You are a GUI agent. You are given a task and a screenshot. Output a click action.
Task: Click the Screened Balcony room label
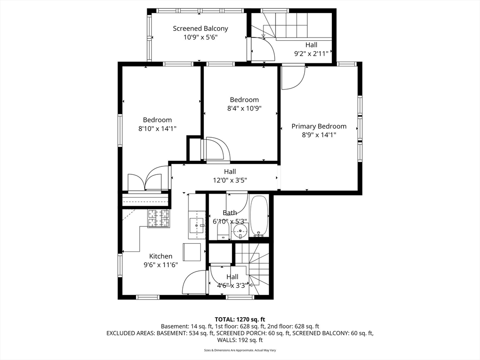201,29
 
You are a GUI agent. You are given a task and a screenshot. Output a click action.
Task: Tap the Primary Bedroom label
319,126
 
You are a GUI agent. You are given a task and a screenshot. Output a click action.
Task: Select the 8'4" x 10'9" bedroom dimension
244,108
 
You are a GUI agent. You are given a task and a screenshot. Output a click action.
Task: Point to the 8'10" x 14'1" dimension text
157,128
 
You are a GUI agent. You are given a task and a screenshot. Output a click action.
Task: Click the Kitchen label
161,256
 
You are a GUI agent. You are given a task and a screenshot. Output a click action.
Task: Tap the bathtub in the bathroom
259,216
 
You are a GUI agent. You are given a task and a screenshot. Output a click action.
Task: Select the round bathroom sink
240,231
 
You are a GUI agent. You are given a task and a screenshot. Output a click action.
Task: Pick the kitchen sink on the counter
196,225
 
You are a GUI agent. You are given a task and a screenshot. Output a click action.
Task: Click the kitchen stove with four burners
158,218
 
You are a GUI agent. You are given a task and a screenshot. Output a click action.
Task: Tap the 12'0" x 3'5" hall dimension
230,180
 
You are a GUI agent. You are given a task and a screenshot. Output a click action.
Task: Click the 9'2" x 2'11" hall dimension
311,53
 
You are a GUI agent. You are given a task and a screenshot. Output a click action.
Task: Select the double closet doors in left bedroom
144,182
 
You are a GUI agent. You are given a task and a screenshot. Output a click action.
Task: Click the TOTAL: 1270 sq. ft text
240,320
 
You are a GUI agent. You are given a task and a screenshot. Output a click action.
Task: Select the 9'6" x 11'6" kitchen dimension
161,265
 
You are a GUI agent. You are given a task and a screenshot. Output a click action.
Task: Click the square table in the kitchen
192,252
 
